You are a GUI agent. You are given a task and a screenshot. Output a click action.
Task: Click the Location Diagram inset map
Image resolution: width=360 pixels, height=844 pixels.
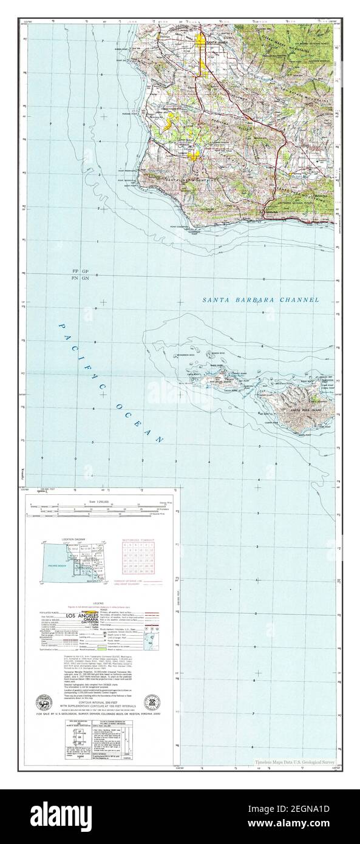[x=71, y=562]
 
